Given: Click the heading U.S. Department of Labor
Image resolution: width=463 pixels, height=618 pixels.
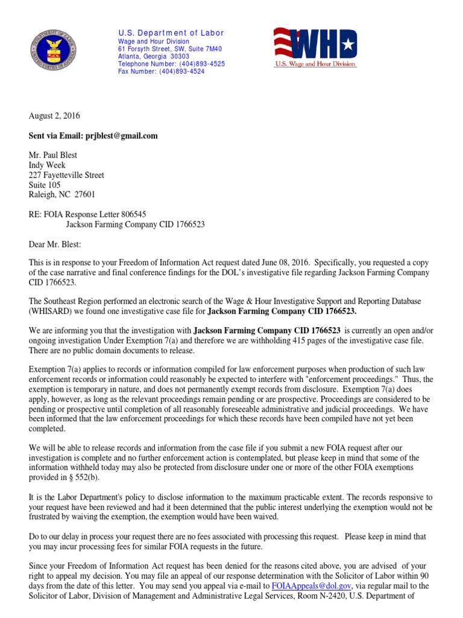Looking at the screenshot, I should pyautogui.click(x=171, y=33).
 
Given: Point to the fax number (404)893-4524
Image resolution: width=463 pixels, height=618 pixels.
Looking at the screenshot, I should pyautogui.click(x=181, y=71).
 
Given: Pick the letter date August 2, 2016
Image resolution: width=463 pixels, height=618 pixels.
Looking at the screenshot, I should pyautogui.click(x=54, y=116).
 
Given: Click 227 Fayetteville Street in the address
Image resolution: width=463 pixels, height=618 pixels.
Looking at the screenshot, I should pyautogui.click(x=66, y=175).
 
